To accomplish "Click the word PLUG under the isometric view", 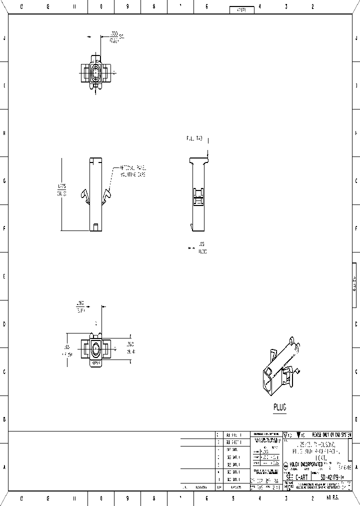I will point(279,407).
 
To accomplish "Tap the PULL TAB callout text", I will point(194,138).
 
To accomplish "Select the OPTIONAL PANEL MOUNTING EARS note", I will point(132,171).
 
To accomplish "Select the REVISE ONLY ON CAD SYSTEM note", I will point(332,434).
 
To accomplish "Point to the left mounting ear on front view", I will point(85,197).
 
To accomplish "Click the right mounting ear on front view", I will point(107,197).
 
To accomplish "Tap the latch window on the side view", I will point(198,196).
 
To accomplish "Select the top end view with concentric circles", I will point(96,73).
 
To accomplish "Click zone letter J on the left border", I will point(4,38).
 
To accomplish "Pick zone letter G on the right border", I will point(355,180).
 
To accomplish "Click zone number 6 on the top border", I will point(206,7).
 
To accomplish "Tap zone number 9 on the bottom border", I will point(127,498).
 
